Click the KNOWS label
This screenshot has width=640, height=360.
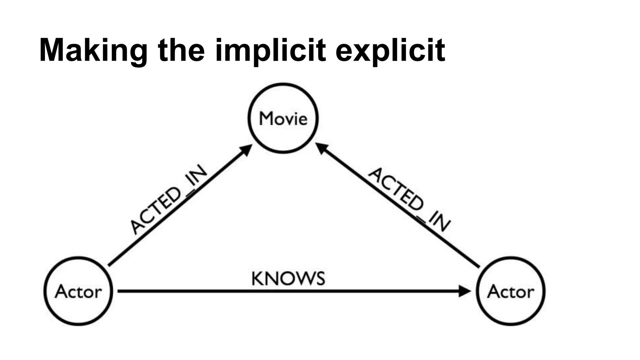288,278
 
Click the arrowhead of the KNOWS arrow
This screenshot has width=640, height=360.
465,291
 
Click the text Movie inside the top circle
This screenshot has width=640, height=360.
283,119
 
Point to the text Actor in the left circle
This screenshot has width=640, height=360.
78,292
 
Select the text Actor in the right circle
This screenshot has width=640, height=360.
511,292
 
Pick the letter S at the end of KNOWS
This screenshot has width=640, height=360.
319,279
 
